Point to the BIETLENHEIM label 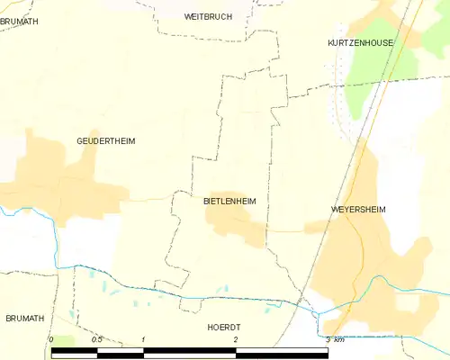click(230, 202)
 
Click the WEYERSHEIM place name click(358, 209)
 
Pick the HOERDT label click(224, 328)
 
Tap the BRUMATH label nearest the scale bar click(24, 319)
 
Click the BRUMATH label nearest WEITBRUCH click(19, 21)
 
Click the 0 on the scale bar click(51, 339)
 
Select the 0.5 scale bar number click(97, 339)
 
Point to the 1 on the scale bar click(144, 339)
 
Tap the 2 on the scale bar click(236, 339)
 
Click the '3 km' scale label click(335, 339)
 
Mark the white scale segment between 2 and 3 click(282, 351)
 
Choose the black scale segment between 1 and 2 click(190, 351)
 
